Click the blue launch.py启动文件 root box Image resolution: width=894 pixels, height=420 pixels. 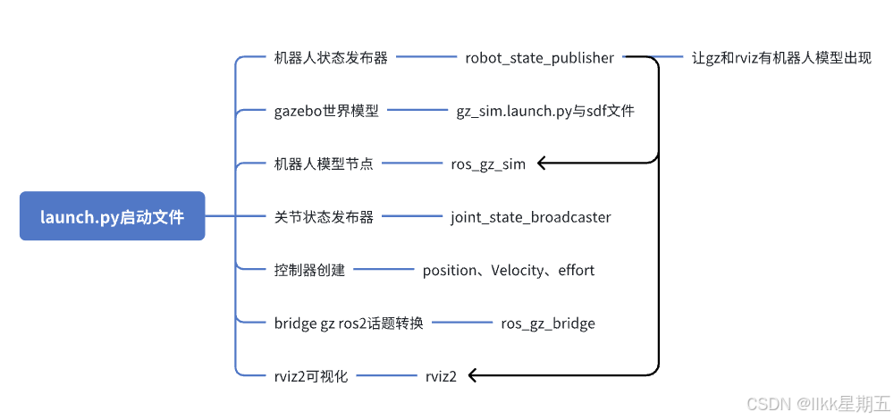[x=112, y=216]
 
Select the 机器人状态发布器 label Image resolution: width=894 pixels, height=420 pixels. [x=331, y=58]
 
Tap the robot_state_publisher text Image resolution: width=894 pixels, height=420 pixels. [x=539, y=58]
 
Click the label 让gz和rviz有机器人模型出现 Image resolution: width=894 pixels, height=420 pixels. [x=781, y=58]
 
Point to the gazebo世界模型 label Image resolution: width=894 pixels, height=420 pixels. [x=326, y=111]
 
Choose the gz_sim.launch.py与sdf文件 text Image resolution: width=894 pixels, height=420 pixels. [x=545, y=111]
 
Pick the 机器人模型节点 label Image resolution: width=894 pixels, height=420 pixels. [x=324, y=164]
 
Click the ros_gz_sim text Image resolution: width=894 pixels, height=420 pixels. [x=488, y=164]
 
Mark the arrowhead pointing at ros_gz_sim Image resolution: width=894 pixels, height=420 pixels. [x=543, y=164]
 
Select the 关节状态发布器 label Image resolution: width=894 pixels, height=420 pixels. [x=324, y=216]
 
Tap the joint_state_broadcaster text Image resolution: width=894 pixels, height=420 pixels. [x=531, y=216]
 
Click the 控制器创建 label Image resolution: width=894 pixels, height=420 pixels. [x=309, y=270]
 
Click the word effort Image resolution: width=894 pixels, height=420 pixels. [x=575, y=270]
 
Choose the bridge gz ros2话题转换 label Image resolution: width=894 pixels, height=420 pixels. [x=349, y=323]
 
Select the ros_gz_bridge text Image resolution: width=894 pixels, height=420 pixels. [x=548, y=323]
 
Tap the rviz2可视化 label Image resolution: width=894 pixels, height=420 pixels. [x=311, y=376]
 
